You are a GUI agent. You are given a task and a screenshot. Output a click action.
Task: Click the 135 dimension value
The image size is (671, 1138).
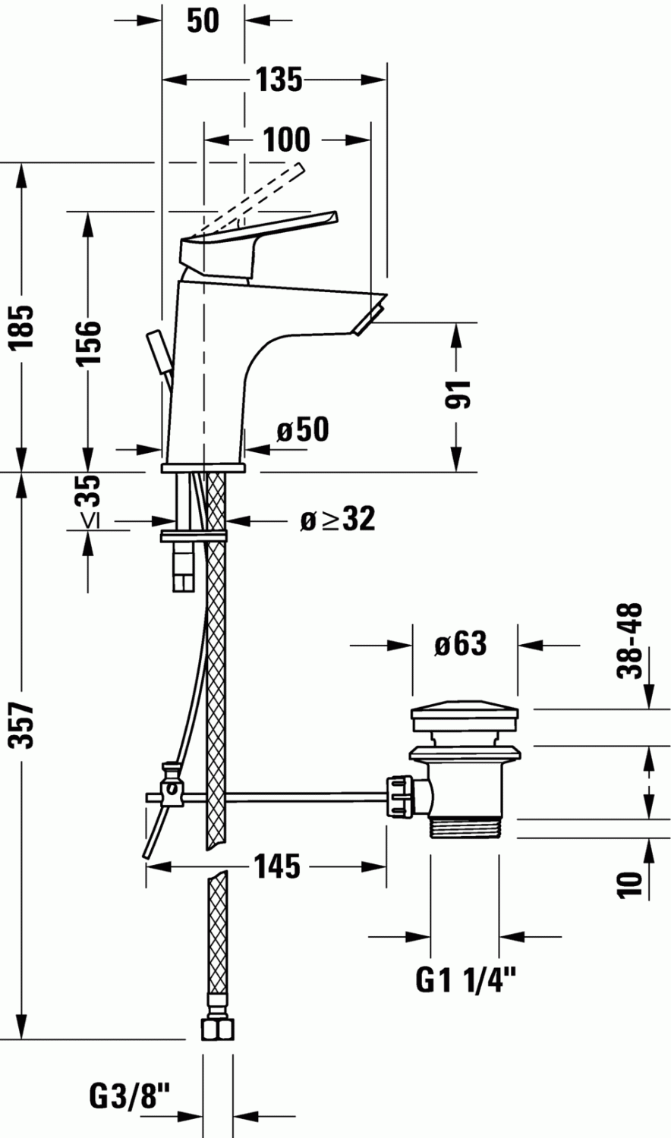tap(279, 79)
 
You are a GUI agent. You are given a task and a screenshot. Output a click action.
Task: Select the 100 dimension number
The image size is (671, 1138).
tap(286, 140)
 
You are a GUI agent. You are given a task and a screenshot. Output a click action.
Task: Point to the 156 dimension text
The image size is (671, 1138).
tap(89, 342)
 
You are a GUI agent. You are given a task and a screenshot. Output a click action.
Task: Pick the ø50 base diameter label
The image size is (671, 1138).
tap(303, 429)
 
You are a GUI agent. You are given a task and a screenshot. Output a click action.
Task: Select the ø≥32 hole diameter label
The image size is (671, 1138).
tap(337, 520)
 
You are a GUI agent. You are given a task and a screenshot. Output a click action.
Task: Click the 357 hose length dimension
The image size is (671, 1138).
tap(24, 725)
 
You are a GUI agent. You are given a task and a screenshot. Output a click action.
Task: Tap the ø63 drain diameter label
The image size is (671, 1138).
tap(460, 644)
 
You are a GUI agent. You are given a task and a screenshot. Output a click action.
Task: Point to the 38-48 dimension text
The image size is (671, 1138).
tap(630, 640)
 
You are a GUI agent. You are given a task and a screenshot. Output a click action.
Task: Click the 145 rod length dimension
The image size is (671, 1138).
tap(276, 866)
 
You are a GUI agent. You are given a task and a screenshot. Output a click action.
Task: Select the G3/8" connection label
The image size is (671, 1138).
tap(130, 1095)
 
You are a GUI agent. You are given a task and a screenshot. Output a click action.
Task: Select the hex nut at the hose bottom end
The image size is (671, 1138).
tap(217, 1030)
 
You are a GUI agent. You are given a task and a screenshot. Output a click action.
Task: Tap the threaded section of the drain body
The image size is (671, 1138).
tap(465, 826)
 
